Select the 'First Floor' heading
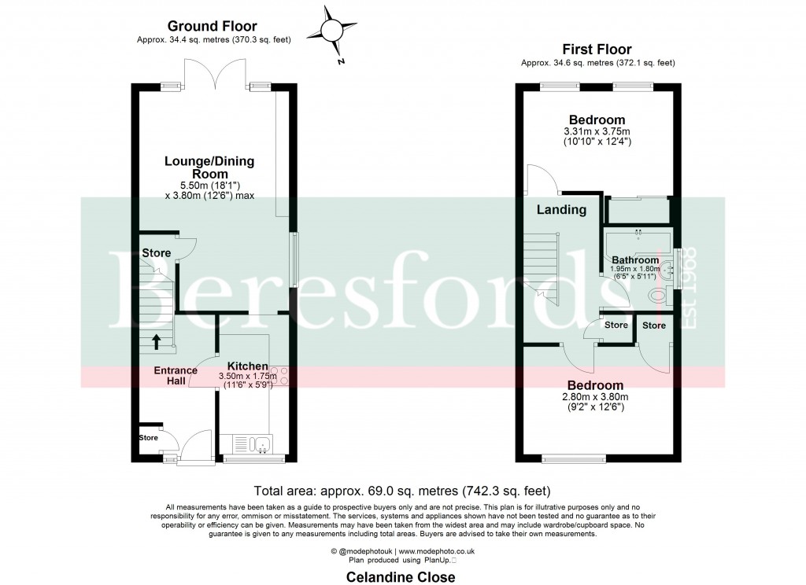pos(597,50)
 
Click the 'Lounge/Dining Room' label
pos(209,167)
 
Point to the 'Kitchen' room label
pos(247,366)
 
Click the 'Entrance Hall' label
pos(169,375)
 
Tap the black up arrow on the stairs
pos(156,340)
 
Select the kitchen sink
pos(261,446)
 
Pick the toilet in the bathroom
pos(656,296)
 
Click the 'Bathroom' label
pos(635,260)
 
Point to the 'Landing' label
pos(561,210)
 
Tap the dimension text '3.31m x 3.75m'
pos(597,131)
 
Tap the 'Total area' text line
pos(402,489)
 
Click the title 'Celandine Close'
pos(401,576)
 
